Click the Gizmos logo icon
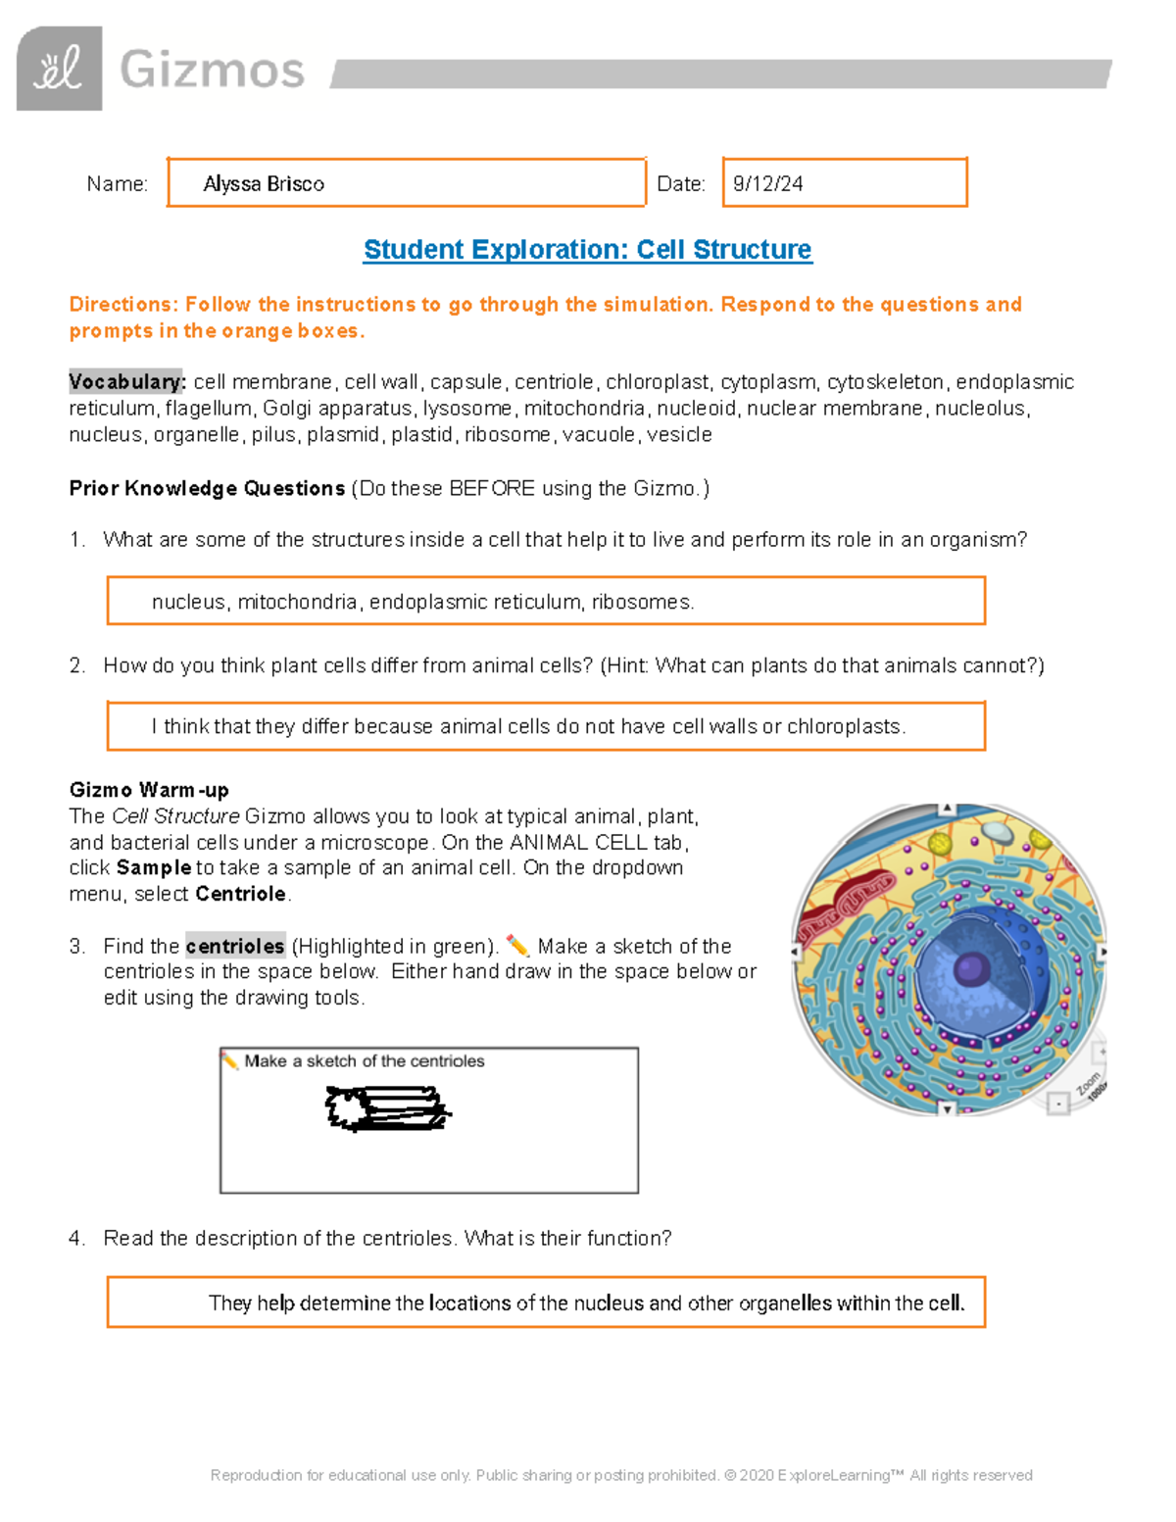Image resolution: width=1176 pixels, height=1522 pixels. click(60, 69)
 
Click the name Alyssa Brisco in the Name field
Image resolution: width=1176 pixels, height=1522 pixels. click(264, 184)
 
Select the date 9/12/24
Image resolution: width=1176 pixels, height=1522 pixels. click(768, 184)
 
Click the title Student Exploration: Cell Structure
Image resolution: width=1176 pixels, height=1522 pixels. click(587, 250)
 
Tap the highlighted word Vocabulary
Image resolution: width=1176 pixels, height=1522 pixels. click(125, 382)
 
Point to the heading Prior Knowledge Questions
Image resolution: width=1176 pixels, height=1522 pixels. click(207, 488)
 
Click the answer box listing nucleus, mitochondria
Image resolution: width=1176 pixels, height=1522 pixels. click(545, 601)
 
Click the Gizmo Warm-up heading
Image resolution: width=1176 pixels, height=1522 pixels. click(149, 790)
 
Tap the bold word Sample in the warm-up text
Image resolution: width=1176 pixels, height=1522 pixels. click(154, 867)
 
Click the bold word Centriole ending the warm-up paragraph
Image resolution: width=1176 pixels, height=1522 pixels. click(241, 894)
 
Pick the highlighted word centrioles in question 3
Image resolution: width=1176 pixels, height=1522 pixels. click(235, 947)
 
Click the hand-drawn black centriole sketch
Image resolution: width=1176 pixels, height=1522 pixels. click(386, 1108)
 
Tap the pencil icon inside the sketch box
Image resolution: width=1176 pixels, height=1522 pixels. click(230, 1060)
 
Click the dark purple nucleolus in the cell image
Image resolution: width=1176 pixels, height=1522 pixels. click(971, 969)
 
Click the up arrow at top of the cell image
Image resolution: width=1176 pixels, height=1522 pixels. click(947, 809)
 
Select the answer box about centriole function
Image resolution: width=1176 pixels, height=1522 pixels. click(545, 1302)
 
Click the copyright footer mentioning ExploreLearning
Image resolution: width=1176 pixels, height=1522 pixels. click(621, 1475)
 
